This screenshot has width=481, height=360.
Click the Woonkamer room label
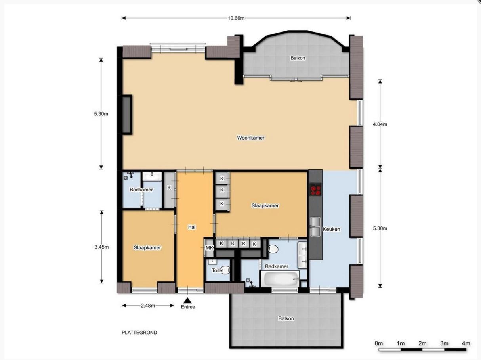point(251,138)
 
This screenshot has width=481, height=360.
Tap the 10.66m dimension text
point(236,18)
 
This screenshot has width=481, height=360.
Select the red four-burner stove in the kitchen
point(315,190)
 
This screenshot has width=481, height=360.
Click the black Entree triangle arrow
point(187,300)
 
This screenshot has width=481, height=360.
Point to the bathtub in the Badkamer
point(280,279)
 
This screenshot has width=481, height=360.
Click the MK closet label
point(209,248)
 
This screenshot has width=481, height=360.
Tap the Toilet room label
point(218,270)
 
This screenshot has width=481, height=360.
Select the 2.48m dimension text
point(148,306)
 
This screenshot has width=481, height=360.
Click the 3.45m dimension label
point(102,247)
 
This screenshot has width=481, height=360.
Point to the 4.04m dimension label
point(380,124)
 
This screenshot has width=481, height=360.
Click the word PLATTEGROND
point(139,332)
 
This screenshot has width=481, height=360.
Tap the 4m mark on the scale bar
point(466,343)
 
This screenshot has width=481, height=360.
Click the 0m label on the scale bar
point(379,343)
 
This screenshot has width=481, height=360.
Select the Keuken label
point(331,229)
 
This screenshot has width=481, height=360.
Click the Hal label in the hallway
point(191,227)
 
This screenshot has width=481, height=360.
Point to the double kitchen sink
point(315,227)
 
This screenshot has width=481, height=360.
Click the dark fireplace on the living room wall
point(127,115)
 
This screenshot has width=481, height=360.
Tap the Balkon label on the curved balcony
point(298,58)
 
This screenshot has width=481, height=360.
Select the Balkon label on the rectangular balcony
point(286,318)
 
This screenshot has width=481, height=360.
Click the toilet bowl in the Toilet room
point(227,270)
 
